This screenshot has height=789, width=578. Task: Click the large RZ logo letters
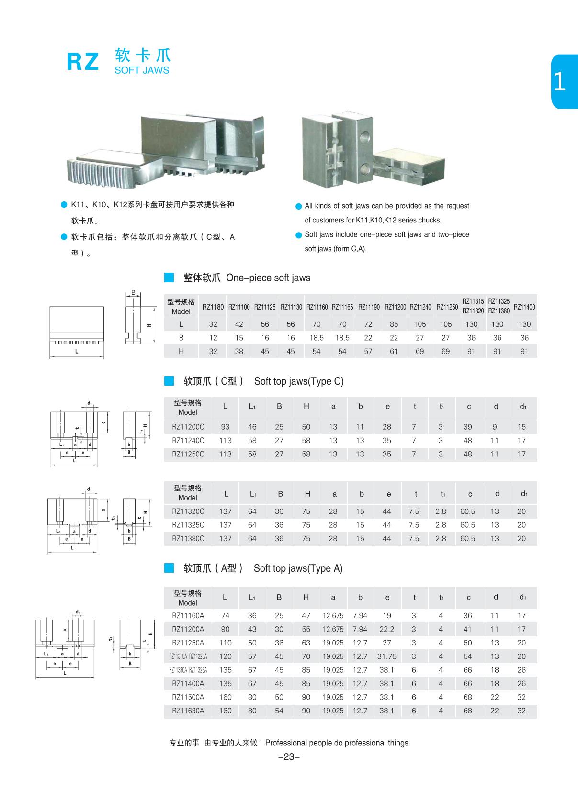pyautogui.click(x=83, y=62)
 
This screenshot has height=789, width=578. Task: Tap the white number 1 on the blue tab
pyautogui.click(x=559, y=82)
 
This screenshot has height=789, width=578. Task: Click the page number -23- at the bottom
pyautogui.click(x=289, y=756)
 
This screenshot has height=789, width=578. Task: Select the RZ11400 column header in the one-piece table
pyautogui.click(x=524, y=307)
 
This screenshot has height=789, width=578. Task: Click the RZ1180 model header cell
pyautogui.click(x=213, y=307)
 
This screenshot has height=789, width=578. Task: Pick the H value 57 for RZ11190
pyautogui.click(x=368, y=351)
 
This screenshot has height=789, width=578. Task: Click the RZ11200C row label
pyautogui.click(x=188, y=427)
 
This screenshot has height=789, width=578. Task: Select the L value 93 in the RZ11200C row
pyautogui.click(x=225, y=427)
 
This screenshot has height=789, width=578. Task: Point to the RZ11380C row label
pyautogui.click(x=188, y=538)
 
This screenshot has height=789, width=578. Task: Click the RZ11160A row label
pyautogui.click(x=188, y=616)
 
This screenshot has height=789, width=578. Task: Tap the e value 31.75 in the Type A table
pyautogui.click(x=387, y=656)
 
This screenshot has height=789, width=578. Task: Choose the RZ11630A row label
pyautogui.click(x=188, y=711)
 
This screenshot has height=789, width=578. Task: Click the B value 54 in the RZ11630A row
pyautogui.click(x=279, y=711)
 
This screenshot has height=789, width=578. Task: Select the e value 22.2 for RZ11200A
pyautogui.click(x=387, y=629)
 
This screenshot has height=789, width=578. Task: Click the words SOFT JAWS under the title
pyautogui.click(x=142, y=70)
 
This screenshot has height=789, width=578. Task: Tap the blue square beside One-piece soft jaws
pyautogui.click(x=169, y=278)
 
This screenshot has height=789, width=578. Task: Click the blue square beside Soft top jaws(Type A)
pyautogui.click(x=169, y=568)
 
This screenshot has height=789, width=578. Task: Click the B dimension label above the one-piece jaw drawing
pyautogui.click(x=134, y=293)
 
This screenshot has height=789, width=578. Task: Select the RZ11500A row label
pyautogui.click(x=188, y=697)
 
